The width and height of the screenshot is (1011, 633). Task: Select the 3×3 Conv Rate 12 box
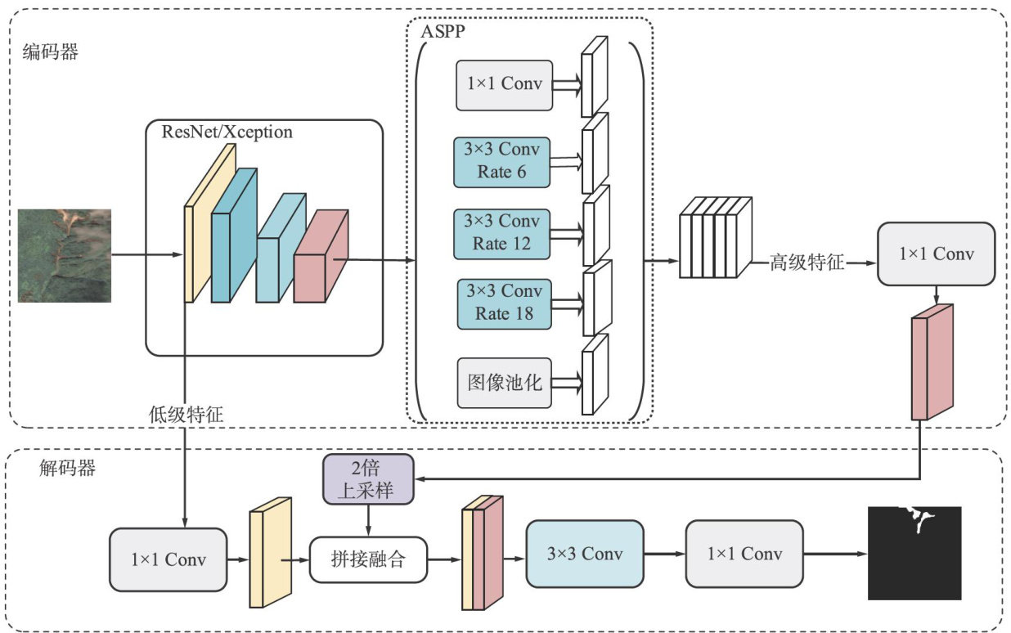pyautogui.click(x=501, y=233)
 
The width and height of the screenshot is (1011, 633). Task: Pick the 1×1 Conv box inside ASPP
pyautogui.click(x=504, y=84)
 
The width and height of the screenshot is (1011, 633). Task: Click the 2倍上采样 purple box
pyautogui.click(x=368, y=478)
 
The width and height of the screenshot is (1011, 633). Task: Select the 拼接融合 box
pyautogui.click(x=368, y=559)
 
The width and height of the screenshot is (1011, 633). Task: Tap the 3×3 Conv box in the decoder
pyautogui.click(x=584, y=554)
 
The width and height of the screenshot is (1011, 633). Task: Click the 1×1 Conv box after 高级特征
pyautogui.click(x=936, y=254)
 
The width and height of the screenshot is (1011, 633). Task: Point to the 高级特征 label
pyautogui.click(x=807, y=263)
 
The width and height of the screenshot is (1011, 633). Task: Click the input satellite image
pyautogui.click(x=65, y=255)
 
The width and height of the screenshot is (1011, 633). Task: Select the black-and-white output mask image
pyautogui.click(x=914, y=554)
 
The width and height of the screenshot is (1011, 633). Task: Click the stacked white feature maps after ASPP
pyautogui.click(x=714, y=237)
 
